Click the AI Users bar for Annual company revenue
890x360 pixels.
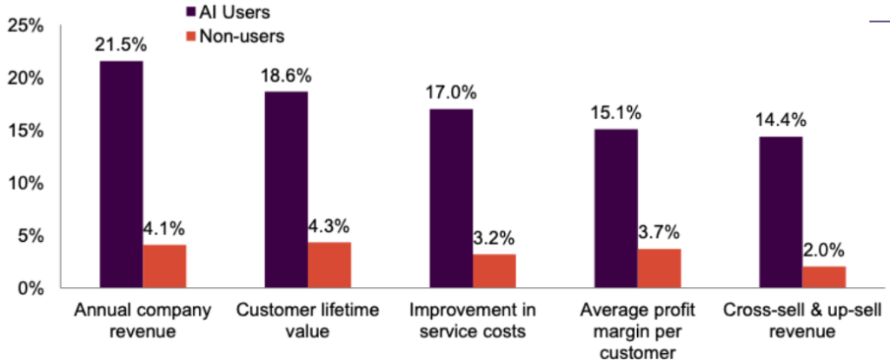point(122,174)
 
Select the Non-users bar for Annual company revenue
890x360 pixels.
point(165,266)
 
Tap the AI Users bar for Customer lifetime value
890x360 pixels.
point(286,190)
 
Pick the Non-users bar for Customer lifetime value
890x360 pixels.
point(329,265)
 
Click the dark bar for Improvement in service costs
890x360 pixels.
point(451,198)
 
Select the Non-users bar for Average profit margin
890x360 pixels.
point(660,269)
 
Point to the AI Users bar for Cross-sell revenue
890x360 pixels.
point(781,212)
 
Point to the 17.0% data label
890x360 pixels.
point(451,93)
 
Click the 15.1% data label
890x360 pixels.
point(616,113)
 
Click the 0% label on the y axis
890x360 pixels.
point(30,288)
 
